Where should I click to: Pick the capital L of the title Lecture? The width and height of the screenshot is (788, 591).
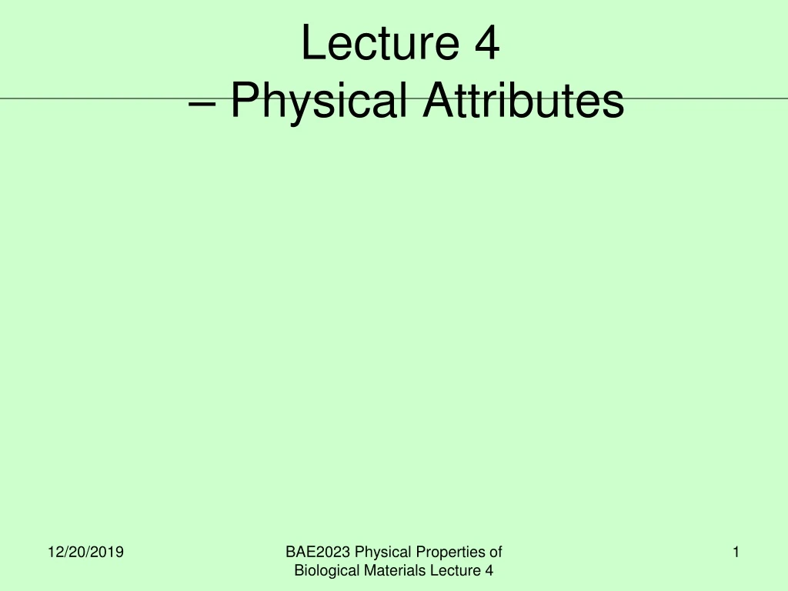click(x=311, y=43)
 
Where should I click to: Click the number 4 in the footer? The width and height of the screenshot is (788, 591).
click(x=489, y=570)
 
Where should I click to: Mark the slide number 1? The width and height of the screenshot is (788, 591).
click(x=736, y=552)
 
